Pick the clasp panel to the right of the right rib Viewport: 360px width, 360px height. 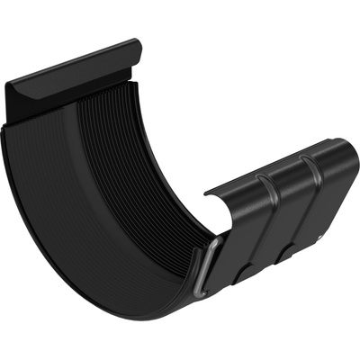tap(333, 193)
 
